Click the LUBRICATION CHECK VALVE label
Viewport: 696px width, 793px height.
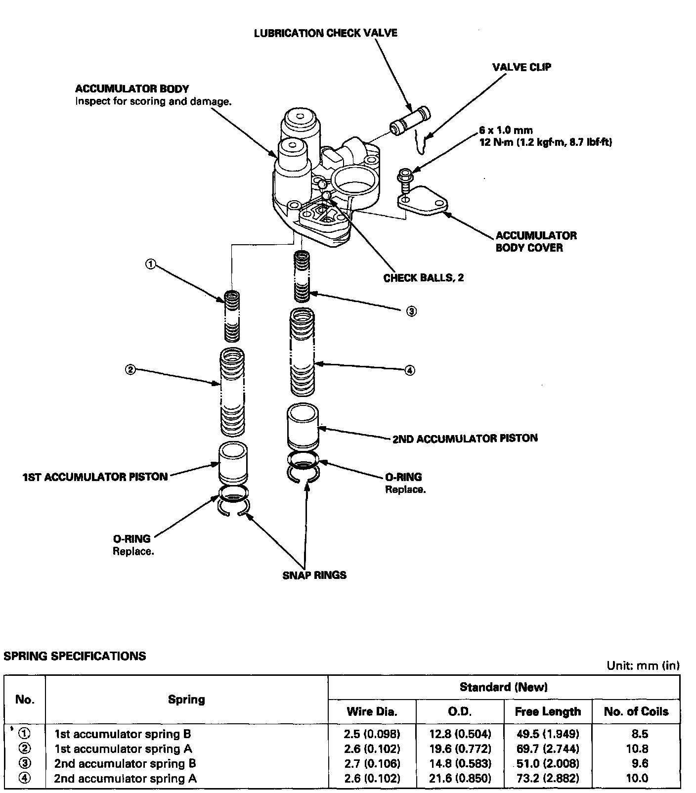325,33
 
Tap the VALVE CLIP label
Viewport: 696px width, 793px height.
522,67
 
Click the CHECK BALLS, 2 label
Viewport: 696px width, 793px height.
424,277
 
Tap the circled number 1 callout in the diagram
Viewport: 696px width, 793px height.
150,264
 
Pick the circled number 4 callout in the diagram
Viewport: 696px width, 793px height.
409,370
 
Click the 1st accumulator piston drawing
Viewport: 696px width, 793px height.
233,464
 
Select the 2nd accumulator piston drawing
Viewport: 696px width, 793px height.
303,426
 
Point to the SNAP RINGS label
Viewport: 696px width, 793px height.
314,575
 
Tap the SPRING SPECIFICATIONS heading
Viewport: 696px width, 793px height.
75,656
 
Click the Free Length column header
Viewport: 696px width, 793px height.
547,711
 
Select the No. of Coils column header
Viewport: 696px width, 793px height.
636,711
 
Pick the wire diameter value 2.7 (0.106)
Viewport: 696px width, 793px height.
372,763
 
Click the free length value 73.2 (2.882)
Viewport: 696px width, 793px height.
547,778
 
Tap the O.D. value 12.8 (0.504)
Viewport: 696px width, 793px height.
460,734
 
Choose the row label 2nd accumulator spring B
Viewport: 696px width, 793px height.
125,763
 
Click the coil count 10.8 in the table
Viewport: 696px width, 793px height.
636,749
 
